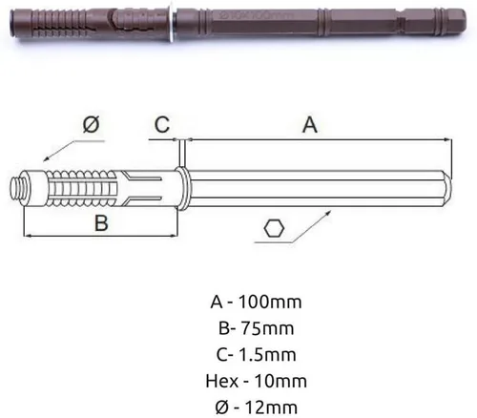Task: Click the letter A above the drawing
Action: [x=310, y=125]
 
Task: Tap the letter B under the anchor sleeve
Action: [x=101, y=222]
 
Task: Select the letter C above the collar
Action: [x=162, y=124]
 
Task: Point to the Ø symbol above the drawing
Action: [x=91, y=124]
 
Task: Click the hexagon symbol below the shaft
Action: [x=274, y=228]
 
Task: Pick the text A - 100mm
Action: [x=256, y=302]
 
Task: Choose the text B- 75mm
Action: [x=256, y=328]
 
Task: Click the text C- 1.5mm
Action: [x=256, y=354]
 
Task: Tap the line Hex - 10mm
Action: [x=256, y=381]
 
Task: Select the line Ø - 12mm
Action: [x=256, y=408]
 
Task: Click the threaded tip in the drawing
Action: [x=14, y=189]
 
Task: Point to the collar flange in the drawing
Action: [x=182, y=189]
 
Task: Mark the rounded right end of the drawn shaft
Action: [x=447, y=189]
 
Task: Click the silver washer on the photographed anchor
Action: [x=172, y=22]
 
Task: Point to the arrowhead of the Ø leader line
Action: [x=46, y=159]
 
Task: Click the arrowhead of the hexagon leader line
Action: [x=328, y=212]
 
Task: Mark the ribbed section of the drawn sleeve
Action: [x=81, y=189]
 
